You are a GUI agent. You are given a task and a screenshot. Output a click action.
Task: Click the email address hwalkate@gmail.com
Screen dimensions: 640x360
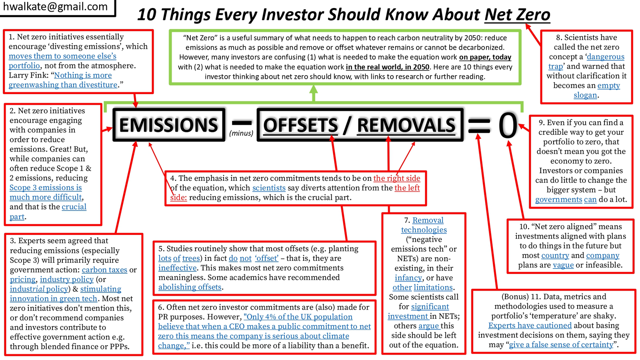click(56, 6)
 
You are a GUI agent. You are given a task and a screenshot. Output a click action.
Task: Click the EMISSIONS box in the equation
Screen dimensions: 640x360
click(169, 124)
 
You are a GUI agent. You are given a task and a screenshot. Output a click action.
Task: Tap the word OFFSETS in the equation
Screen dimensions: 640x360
click(300, 125)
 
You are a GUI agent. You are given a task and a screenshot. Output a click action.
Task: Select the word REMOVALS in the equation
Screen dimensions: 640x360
click(406, 125)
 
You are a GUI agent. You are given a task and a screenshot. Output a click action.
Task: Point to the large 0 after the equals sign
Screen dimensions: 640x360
click(508, 125)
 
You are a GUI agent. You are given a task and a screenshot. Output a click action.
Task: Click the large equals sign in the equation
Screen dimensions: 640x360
click(479, 126)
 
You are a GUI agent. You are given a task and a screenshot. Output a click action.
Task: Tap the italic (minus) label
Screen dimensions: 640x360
click(241, 133)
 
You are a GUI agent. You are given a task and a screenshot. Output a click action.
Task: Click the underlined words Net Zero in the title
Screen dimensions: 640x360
click(517, 14)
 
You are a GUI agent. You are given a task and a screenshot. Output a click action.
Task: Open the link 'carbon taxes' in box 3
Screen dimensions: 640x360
click(104, 270)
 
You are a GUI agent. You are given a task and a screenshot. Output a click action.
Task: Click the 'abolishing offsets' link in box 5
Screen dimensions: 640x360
click(190, 287)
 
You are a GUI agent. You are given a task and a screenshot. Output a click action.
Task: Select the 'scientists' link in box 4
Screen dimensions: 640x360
click(269, 188)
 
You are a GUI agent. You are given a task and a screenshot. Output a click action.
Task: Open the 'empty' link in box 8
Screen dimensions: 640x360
click(608, 86)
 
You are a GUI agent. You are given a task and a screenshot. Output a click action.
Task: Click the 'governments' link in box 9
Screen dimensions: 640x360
click(558, 200)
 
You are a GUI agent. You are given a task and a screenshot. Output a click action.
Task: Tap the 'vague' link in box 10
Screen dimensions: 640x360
click(563, 265)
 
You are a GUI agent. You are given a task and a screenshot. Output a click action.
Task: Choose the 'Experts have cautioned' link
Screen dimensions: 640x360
click(530, 326)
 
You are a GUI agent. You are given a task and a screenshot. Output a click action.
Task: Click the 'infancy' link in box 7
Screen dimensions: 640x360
click(408, 278)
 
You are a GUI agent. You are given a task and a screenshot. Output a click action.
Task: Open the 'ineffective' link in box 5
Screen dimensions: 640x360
click(178, 268)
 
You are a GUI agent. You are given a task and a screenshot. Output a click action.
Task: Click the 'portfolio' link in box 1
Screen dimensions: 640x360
click(24, 66)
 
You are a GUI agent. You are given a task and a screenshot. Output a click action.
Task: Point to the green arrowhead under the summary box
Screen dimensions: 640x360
click(314, 89)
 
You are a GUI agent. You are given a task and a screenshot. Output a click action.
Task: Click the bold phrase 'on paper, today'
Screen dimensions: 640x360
click(485, 57)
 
